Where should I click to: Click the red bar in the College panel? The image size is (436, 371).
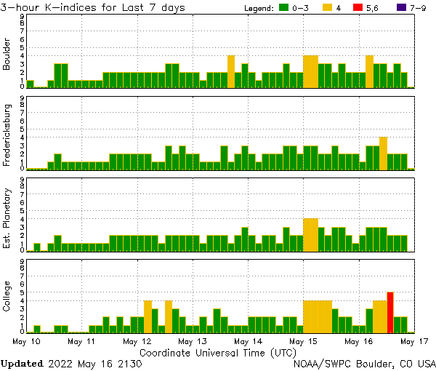[x=390, y=311]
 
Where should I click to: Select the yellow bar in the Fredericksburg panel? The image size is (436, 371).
[x=383, y=153]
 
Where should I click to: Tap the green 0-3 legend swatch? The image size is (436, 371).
[x=285, y=8]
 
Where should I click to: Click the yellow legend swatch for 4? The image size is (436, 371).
[x=326, y=8]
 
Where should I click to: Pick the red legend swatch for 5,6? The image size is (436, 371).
[x=358, y=8]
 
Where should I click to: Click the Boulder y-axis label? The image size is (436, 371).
[x=7, y=55]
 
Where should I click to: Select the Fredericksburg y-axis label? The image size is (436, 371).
[x=7, y=137]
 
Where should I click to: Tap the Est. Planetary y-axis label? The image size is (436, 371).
[x=7, y=218]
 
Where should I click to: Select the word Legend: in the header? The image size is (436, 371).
[x=256, y=8]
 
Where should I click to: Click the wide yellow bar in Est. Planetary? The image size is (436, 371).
[x=310, y=234]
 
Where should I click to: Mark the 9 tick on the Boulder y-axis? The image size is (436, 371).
[x=23, y=16]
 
